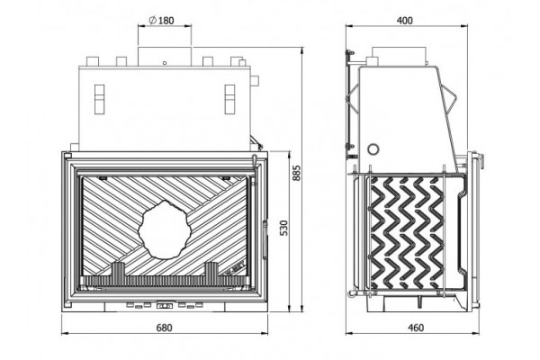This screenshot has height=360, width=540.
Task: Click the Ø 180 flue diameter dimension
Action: [x=162, y=21]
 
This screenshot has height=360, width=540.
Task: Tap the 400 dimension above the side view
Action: [x=405, y=21]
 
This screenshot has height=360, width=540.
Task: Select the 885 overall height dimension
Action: [x=296, y=173]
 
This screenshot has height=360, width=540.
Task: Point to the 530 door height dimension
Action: [x=284, y=228]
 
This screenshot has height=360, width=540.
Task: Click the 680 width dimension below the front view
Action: [x=165, y=328]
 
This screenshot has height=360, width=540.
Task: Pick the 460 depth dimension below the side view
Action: [x=416, y=328]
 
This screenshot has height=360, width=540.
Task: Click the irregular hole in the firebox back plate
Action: [x=165, y=230]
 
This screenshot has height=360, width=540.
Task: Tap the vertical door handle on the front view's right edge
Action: [x=265, y=239]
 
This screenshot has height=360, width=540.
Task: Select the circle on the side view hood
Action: [x=373, y=149]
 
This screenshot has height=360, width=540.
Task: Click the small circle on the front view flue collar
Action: [x=165, y=63]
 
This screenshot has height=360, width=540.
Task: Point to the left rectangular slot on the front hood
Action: [x=99, y=99]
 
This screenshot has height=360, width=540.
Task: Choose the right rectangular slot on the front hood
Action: [x=229, y=99]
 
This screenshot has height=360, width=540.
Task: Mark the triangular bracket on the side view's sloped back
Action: [x=449, y=98]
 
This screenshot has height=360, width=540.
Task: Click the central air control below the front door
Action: [x=165, y=306]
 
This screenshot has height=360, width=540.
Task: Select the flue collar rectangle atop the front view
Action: [x=165, y=57]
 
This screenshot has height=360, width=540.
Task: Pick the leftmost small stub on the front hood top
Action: [x=93, y=62]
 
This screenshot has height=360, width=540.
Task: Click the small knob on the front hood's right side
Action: [x=256, y=81]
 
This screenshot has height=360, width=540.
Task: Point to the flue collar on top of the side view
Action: [x=399, y=56]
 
